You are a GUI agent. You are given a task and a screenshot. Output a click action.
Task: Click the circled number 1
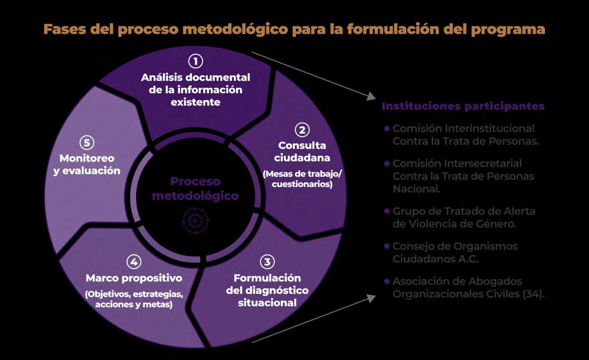195,61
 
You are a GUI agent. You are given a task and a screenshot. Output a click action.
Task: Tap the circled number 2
302,130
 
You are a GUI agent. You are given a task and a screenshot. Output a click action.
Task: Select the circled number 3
267,262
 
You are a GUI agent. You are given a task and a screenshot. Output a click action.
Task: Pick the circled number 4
134,262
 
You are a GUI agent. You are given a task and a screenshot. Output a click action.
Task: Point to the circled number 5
86,143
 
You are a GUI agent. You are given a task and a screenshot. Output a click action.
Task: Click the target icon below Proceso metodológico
195,221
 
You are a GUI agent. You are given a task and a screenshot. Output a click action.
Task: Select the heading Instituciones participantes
463,106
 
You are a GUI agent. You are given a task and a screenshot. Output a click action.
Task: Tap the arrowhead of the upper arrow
372,96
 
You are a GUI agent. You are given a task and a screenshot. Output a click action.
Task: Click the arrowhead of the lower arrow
372,298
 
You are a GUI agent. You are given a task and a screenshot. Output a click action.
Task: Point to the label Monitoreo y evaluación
86,164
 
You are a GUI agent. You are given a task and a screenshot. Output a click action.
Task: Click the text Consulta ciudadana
302,151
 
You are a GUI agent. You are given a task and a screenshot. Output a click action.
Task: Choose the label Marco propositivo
134,278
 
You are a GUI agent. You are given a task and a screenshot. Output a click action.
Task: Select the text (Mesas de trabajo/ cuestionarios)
302,179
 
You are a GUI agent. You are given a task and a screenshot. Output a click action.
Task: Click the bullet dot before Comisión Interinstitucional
387,129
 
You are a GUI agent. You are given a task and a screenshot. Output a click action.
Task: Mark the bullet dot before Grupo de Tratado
387,211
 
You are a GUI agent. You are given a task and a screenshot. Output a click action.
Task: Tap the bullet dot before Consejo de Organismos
387,246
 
